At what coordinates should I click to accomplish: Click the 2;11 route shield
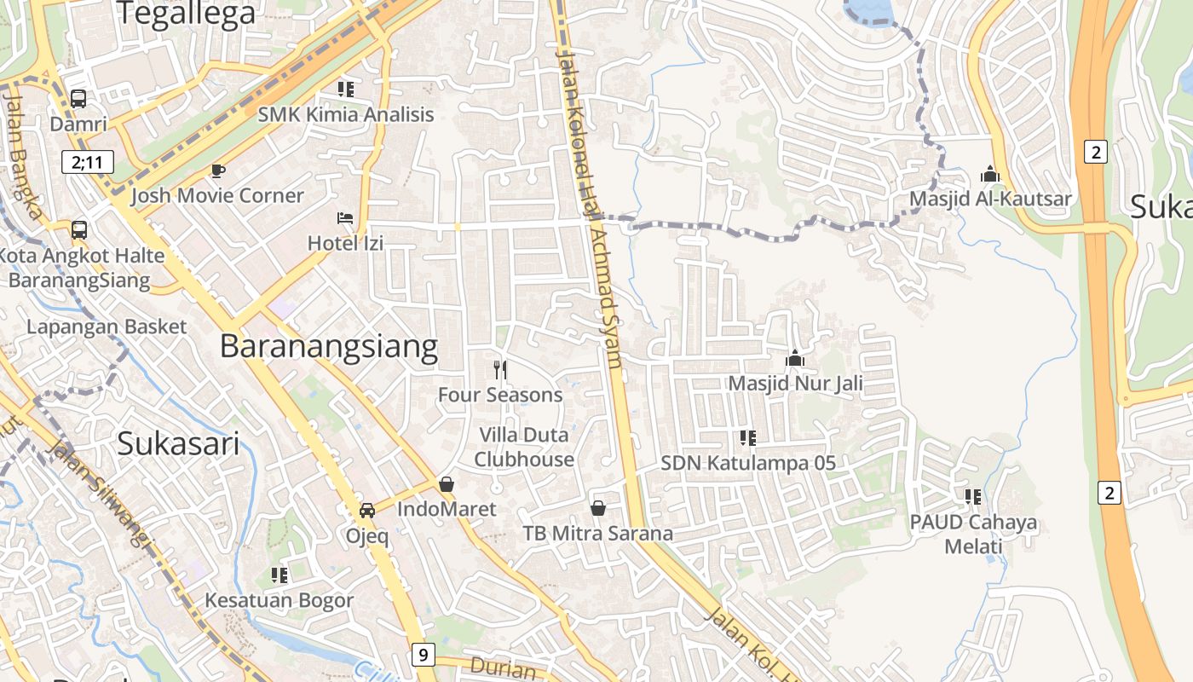[x=87, y=162]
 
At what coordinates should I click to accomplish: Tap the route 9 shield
[x=423, y=655]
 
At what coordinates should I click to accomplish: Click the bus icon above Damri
[x=78, y=99]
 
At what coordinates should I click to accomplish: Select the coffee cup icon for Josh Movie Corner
[x=218, y=170]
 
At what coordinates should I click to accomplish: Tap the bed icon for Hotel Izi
[x=345, y=218]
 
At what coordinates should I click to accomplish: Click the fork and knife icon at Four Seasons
[x=500, y=369]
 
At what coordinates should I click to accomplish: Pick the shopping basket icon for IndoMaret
[x=447, y=484]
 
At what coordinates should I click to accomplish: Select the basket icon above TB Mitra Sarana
[x=598, y=508]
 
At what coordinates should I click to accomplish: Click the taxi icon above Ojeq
[x=367, y=511]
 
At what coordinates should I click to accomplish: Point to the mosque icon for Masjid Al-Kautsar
[x=990, y=174]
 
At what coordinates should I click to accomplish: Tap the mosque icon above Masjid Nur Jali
[x=795, y=358]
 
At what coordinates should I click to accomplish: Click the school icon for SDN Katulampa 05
[x=748, y=438]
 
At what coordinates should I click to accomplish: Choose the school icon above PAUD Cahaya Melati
[x=973, y=496]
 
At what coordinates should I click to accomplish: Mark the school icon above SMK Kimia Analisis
[x=346, y=89]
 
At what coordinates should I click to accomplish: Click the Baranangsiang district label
[x=329, y=346]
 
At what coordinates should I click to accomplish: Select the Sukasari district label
[x=178, y=443]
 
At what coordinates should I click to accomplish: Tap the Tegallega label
[x=186, y=14]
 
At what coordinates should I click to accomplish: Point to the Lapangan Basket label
[x=107, y=327]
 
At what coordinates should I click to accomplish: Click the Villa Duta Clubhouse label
[x=524, y=447]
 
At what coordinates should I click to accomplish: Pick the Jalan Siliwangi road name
[x=95, y=494]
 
